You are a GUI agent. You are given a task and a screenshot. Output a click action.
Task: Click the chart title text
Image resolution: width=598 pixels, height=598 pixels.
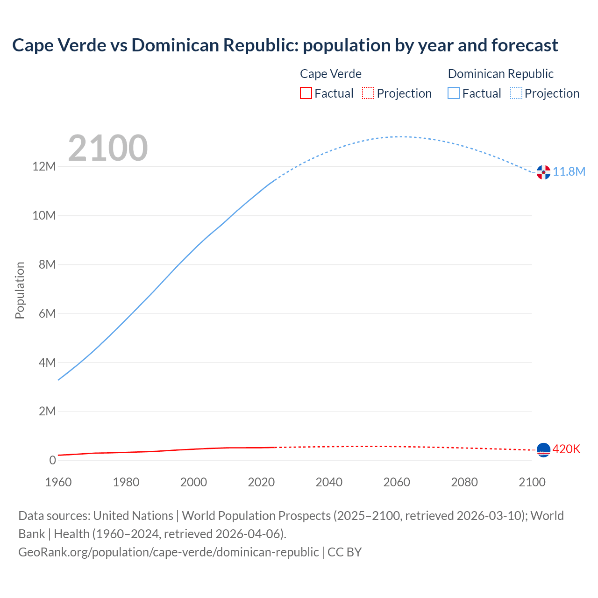[x=285, y=45]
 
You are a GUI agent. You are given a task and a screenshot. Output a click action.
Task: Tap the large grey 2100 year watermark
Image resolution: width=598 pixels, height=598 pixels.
[x=108, y=148]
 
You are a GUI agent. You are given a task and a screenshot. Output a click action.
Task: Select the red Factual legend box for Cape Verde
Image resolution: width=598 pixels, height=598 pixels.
[x=306, y=93]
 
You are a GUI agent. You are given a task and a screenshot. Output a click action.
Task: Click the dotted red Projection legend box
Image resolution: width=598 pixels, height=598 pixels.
[x=368, y=93]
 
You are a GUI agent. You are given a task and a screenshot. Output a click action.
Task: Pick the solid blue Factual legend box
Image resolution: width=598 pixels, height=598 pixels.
[x=454, y=93]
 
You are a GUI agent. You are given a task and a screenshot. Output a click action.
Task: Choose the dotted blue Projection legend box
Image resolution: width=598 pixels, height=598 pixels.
[x=516, y=93]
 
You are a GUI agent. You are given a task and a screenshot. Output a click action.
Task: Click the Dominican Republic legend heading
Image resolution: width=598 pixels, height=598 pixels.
[x=500, y=74]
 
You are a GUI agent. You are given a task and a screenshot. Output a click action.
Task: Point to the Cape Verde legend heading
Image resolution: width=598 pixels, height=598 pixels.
[x=330, y=74]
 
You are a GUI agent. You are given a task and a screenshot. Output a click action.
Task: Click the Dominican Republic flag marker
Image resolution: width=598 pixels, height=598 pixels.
[x=543, y=172]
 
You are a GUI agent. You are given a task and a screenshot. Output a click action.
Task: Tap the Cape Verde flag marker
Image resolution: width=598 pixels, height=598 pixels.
[x=543, y=450]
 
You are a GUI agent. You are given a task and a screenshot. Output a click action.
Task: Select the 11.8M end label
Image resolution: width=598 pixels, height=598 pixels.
[x=569, y=171]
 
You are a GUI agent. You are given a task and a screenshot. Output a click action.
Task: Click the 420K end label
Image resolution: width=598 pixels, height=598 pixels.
[x=566, y=449]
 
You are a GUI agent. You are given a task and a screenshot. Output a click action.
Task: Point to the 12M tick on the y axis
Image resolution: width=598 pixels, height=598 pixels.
[x=44, y=166]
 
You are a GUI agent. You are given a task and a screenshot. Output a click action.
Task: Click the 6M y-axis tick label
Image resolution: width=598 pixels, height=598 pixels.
[x=47, y=313]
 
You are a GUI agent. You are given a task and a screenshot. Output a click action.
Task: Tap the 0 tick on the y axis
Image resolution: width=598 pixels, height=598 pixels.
[x=53, y=460]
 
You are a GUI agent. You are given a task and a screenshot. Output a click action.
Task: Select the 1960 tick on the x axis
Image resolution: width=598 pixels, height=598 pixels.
[x=58, y=482]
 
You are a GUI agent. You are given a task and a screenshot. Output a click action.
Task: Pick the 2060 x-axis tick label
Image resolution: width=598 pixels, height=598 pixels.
[x=397, y=482]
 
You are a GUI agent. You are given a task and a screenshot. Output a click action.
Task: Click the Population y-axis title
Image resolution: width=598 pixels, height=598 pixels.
[x=20, y=290]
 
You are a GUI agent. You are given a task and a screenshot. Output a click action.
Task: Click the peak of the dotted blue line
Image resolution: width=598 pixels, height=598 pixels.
[x=397, y=137]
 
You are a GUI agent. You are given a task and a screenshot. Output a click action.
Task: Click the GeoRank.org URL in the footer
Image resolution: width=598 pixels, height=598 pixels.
[x=168, y=552]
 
